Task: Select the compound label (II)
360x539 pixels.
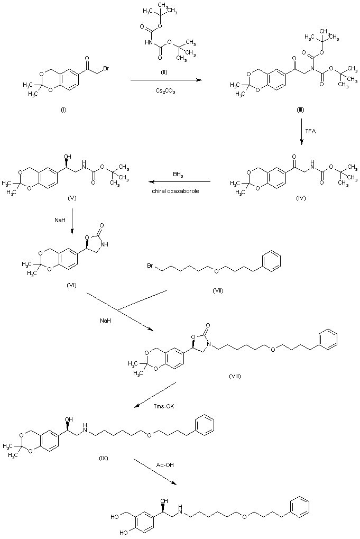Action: [x=164, y=71]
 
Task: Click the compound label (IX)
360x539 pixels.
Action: [x=104, y=458]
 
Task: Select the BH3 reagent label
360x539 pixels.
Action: [x=179, y=174]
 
